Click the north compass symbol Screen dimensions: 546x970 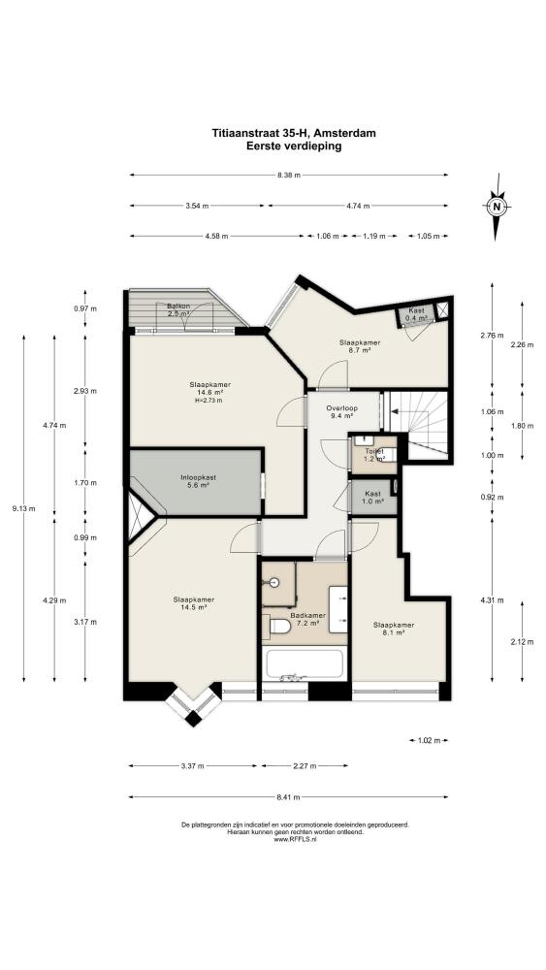[496, 208]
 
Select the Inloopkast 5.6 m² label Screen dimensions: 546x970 [198, 481]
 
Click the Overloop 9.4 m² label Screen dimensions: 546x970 [341, 412]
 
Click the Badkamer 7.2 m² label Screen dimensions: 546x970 [307, 619]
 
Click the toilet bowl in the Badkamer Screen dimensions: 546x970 [277, 627]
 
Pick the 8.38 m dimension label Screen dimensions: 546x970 [289, 175]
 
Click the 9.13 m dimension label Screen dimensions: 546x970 [23, 509]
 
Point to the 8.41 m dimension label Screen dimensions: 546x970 [289, 797]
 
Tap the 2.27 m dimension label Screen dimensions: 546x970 [305, 766]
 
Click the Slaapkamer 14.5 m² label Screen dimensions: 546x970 [194, 603]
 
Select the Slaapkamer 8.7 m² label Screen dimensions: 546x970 [359, 346]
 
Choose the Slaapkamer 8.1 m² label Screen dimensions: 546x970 [394, 629]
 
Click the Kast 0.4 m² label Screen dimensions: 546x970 [416, 313]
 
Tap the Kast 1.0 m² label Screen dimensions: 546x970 [372, 497]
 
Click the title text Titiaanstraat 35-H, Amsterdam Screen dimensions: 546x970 [294, 133]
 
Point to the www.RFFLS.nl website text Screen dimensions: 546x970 [294, 839]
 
